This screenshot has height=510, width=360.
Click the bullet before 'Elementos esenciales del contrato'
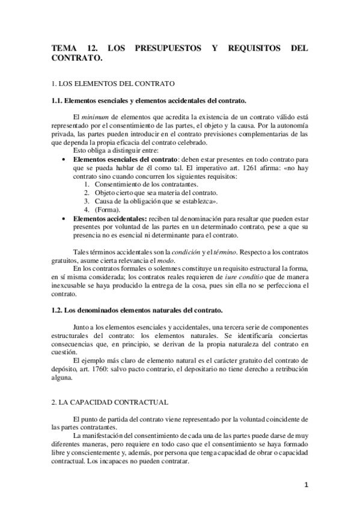(x=64, y=159)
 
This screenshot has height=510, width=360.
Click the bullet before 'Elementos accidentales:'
(x=64, y=218)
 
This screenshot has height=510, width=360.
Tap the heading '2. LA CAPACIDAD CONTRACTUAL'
(x=110, y=401)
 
